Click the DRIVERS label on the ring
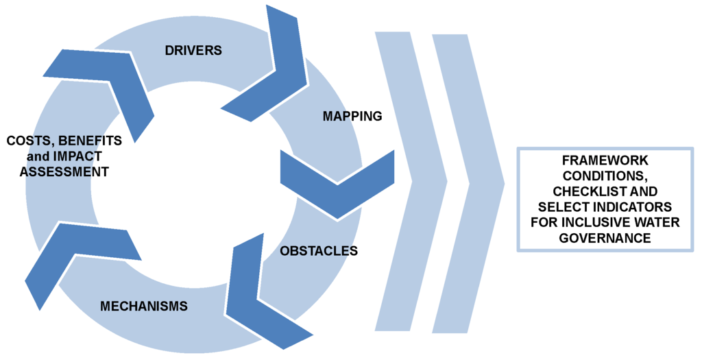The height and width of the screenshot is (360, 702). [193, 50]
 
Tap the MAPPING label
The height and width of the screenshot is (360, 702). [352, 116]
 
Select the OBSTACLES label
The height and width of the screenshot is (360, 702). [319, 251]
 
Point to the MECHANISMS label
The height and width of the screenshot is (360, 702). [144, 306]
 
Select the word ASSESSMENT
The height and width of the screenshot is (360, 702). [64, 172]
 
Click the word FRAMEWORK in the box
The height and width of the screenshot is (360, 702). [594, 160]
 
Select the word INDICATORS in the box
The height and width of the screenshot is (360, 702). [630, 206]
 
